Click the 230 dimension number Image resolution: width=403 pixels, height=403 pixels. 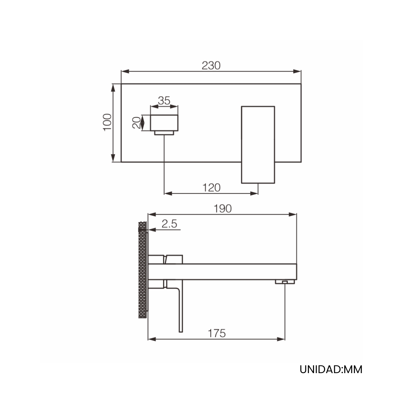[x=211, y=65]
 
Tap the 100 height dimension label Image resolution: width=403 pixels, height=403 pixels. [x=107, y=122]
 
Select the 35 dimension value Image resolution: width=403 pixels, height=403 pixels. [x=164, y=101]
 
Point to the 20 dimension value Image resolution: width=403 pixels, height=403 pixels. [x=136, y=123]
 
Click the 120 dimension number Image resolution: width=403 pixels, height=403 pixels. [x=211, y=188]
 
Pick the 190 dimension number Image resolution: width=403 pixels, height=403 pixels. [x=223, y=209]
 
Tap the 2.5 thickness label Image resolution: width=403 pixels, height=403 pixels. [x=169, y=224]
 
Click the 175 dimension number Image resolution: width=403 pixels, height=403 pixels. [x=217, y=333]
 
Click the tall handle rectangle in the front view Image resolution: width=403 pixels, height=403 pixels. [x=258, y=145]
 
